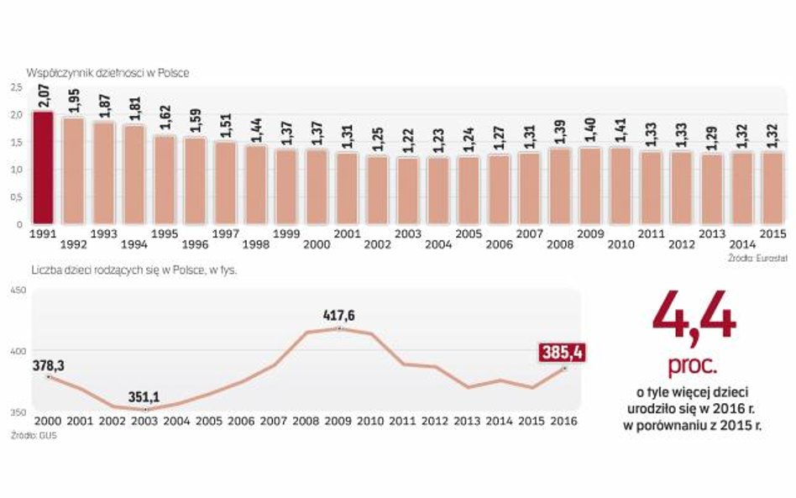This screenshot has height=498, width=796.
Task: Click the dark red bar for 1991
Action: [x=44, y=167]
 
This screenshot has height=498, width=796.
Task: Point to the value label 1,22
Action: [x=409, y=139]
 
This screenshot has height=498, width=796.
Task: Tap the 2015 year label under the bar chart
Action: [x=772, y=233]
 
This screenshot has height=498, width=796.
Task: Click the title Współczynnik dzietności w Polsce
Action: [x=107, y=73]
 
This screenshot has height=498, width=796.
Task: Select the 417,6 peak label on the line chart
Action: [x=338, y=316]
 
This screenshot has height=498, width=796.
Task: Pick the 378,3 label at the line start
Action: [x=49, y=365]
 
